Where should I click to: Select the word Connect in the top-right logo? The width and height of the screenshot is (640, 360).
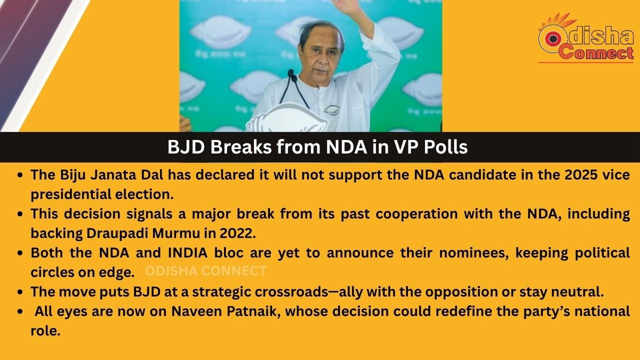click(596, 52)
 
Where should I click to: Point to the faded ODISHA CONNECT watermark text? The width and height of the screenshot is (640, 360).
click(205, 271)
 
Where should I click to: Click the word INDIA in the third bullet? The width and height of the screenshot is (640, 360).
click(187, 253)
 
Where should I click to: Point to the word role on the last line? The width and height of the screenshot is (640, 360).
click(45, 331)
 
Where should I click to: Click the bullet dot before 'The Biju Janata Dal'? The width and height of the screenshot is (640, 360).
click(20, 175)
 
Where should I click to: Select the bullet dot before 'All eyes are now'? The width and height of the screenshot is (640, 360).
click(20, 311)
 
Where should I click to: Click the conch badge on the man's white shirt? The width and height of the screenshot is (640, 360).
click(331, 109)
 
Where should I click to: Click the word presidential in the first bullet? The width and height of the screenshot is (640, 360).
click(70, 194)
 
